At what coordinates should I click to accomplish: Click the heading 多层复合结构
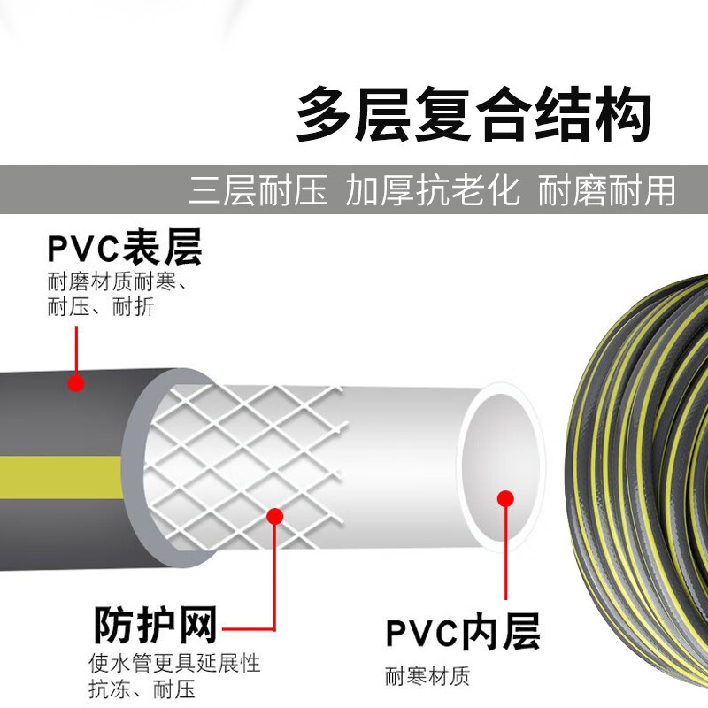tap(473, 116)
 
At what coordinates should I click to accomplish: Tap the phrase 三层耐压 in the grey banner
tap(258, 190)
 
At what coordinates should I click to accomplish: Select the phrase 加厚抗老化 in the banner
tap(433, 190)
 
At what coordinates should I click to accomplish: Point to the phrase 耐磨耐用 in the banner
tap(606, 190)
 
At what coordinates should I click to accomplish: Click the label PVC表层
tap(125, 249)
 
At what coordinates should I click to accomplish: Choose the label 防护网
tap(155, 625)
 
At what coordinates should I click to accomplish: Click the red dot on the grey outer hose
tap(76, 383)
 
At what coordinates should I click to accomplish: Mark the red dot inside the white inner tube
tap(505, 498)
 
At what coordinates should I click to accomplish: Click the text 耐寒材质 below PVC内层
tap(427, 677)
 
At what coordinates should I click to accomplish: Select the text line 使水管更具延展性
tap(174, 663)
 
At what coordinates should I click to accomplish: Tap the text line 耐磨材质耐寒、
tap(121, 283)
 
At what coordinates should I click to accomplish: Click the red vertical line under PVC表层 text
tap(76, 350)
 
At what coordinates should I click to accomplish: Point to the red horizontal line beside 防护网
tap(248, 631)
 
